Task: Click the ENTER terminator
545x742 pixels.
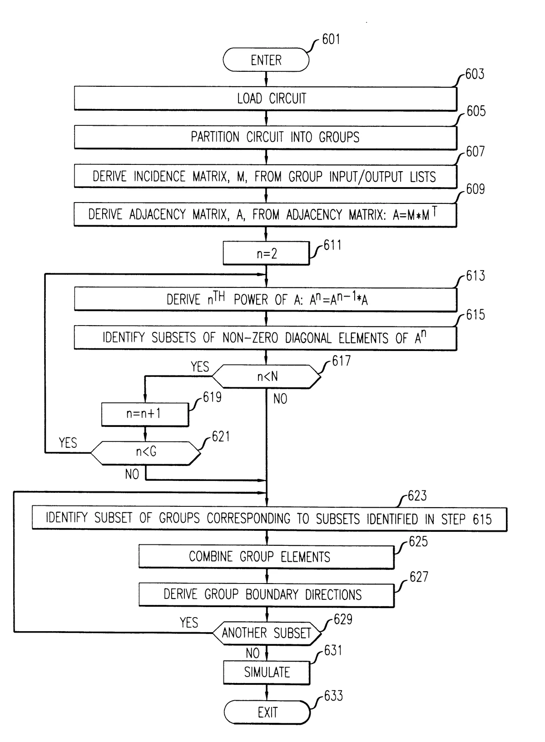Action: [x=266, y=60]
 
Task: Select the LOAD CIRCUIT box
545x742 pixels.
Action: [x=266, y=99]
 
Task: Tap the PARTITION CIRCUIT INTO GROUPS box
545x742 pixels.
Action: [x=266, y=137]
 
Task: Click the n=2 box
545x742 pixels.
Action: [x=266, y=253]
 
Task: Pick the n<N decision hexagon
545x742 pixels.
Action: [x=267, y=376]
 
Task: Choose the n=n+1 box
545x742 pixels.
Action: [x=144, y=414]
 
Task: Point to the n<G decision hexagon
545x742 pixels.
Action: [x=145, y=452]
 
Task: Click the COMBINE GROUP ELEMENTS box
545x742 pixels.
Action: [x=266, y=557]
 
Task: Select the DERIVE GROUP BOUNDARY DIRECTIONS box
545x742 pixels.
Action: [x=266, y=595]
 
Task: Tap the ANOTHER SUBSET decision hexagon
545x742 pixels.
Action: [x=267, y=633]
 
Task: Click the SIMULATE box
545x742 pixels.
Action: [x=267, y=672]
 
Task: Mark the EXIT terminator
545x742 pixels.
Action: [x=267, y=712]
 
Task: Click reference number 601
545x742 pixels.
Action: [x=331, y=40]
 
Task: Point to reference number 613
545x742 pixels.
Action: [x=475, y=276]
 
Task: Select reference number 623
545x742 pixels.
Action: [x=417, y=496]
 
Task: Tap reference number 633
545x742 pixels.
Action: [x=333, y=696]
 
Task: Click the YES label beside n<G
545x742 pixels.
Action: [x=68, y=443]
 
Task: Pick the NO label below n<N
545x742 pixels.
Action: [x=280, y=399]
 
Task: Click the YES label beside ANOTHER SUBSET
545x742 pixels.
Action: [x=189, y=623]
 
